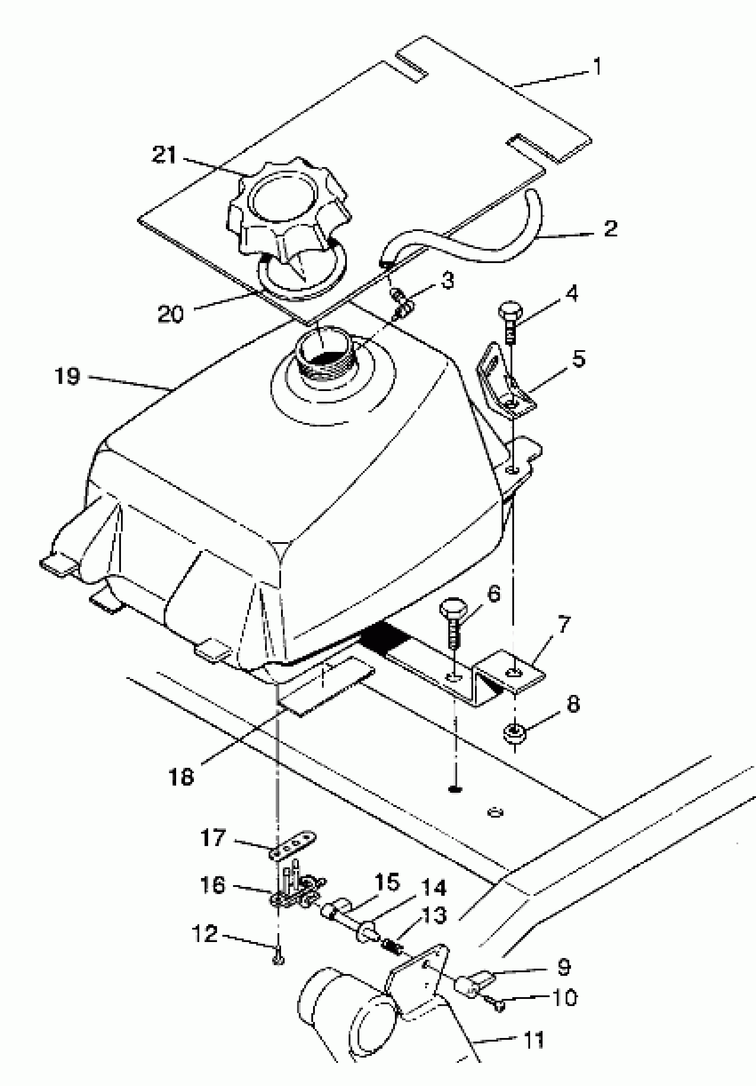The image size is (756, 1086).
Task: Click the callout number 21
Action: pyautogui.click(x=164, y=155)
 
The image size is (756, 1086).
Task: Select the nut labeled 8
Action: pyautogui.click(x=513, y=735)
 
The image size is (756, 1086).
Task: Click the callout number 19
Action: pyautogui.click(x=67, y=376)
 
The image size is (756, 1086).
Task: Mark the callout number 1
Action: pyautogui.click(x=597, y=66)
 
